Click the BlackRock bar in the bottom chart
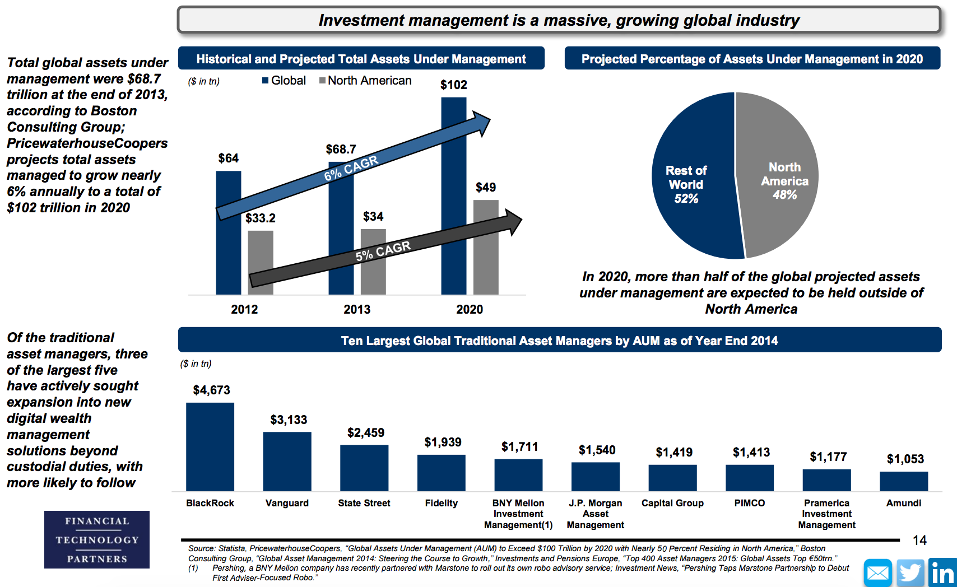click(x=210, y=447)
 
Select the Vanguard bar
click(x=287, y=462)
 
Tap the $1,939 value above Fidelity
click(x=443, y=442)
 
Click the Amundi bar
click(x=904, y=482)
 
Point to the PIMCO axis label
click(x=749, y=504)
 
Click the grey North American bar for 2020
click(x=486, y=248)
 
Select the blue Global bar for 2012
click(x=229, y=233)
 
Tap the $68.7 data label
click(x=341, y=149)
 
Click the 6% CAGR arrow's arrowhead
click(x=481, y=123)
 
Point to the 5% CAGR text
click(x=383, y=251)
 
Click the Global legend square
click(x=266, y=80)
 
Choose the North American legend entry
click(x=365, y=80)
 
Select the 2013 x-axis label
click(x=357, y=309)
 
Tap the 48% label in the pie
click(x=785, y=195)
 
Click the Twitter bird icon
click(x=910, y=572)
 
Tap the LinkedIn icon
click(x=942, y=572)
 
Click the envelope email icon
click(x=878, y=572)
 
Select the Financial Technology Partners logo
click(x=97, y=539)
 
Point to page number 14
click(x=919, y=541)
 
